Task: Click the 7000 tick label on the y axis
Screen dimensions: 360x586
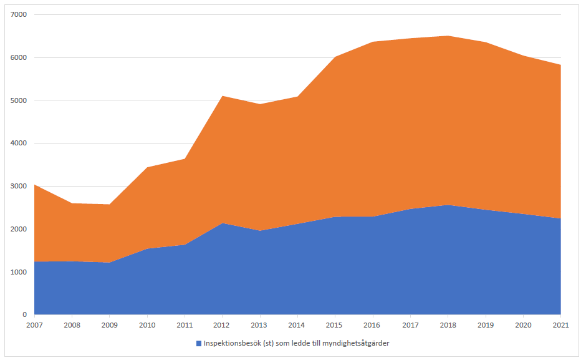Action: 19,14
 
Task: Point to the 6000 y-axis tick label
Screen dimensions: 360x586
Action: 19,57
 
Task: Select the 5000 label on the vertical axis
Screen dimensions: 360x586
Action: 19,100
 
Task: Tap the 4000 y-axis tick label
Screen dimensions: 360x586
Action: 19,144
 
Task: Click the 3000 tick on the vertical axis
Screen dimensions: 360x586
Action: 19,186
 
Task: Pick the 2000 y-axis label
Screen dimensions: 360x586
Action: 19,229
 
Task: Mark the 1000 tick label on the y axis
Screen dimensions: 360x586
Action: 19,272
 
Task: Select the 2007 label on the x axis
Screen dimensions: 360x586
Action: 34,324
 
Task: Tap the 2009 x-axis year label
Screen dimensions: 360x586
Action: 110,324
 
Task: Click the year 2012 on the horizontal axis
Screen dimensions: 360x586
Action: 223,324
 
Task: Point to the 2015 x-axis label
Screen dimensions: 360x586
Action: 335,324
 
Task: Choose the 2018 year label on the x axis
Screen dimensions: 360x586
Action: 448,324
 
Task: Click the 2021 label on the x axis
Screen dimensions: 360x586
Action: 561,324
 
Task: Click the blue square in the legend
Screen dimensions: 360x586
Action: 199,343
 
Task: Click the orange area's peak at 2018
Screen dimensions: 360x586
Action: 448,36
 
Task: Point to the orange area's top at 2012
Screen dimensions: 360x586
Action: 223,96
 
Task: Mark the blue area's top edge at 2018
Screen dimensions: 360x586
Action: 448,205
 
